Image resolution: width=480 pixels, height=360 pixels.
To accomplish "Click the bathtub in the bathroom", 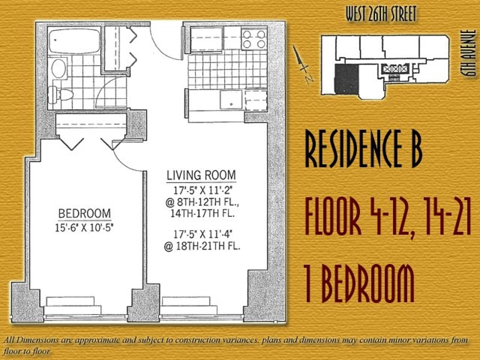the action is pyautogui.click(x=74, y=41).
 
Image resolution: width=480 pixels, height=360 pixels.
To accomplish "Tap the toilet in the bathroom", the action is pyautogui.click(x=61, y=94).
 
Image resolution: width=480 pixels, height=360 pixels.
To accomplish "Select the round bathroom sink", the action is pyautogui.click(x=58, y=68).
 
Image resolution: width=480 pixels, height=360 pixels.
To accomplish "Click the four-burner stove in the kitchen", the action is pyautogui.click(x=254, y=39).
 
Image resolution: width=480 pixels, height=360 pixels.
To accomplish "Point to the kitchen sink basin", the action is pyautogui.click(x=231, y=100).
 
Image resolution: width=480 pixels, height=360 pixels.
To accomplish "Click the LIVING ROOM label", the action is pyautogui.click(x=201, y=175).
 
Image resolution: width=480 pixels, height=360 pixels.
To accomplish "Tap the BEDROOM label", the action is pyautogui.click(x=85, y=214).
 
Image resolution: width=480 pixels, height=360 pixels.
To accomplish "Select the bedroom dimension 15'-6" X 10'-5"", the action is pyautogui.click(x=85, y=228).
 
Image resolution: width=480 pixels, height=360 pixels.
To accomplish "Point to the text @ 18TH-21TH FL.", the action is pyautogui.click(x=202, y=247).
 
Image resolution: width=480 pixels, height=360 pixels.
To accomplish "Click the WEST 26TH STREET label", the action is pyautogui.click(x=381, y=14).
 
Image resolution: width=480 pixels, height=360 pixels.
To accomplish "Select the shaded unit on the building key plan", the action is pyautogui.click(x=347, y=79).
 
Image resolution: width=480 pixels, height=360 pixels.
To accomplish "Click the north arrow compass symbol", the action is pyautogui.click(x=302, y=65).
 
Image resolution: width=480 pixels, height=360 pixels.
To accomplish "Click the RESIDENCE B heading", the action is pyautogui.click(x=364, y=148).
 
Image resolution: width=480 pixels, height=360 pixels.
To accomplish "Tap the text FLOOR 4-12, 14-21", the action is pyautogui.click(x=388, y=217).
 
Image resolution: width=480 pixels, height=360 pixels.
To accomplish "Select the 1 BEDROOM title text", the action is pyautogui.click(x=359, y=283).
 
